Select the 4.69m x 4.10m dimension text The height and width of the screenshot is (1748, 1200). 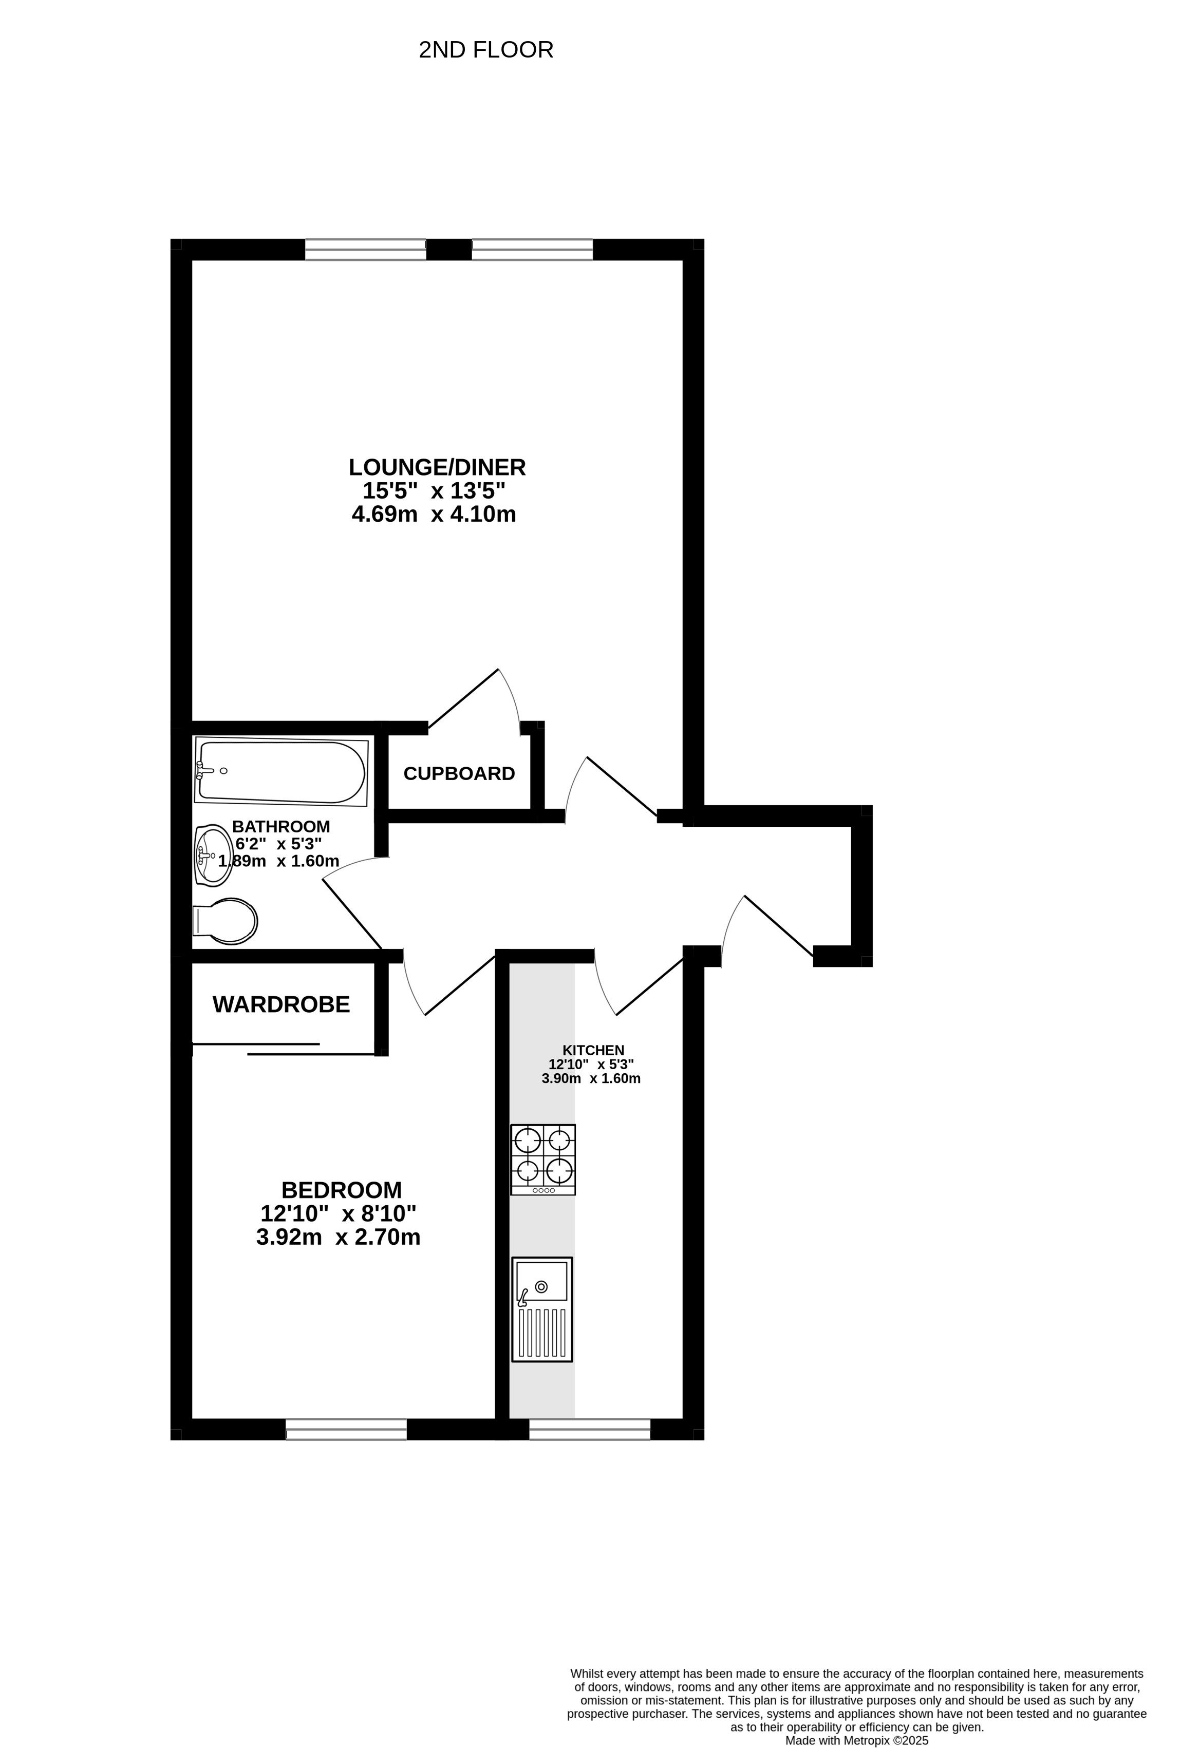(434, 515)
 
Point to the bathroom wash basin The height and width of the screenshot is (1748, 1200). (213, 854)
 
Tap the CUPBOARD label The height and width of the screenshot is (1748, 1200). (459, 773)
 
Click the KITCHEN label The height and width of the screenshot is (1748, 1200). (594, 1050)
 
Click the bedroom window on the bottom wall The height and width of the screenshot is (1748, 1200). (346, 1429)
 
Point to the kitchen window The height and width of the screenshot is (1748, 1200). (590, 1429)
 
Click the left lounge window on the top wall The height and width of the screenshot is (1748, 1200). (366, 250)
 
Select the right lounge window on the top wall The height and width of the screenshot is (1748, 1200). (533, 250)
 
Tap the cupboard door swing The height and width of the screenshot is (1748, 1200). (474, 699)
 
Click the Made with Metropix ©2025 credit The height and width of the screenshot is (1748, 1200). (857, 1740)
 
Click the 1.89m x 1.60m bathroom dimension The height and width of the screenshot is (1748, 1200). (279, 861)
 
